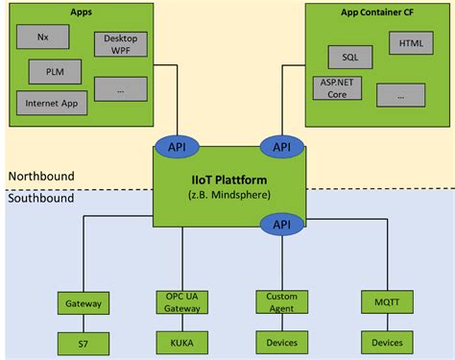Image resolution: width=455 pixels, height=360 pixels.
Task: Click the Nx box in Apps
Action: coord(42,37)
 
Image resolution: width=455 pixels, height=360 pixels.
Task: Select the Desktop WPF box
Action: coord(120,43)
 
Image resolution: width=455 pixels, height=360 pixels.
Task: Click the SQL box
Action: coord(344,57)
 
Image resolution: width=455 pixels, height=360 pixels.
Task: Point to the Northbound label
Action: coord(41,177)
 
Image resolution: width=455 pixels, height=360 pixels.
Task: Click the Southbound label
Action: coord(41,199)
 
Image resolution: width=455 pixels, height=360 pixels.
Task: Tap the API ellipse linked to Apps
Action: coord(177,147)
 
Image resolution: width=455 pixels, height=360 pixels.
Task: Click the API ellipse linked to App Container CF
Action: coord(281,147)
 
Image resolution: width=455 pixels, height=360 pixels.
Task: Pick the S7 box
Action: coord(83,341)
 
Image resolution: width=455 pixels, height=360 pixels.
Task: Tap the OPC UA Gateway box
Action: coord(182,302)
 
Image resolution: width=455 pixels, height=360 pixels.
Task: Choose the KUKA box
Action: coord(182,341)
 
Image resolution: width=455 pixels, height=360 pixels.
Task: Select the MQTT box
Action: coord(386,302)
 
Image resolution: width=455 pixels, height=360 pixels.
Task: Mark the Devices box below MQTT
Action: coord(386,341)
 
